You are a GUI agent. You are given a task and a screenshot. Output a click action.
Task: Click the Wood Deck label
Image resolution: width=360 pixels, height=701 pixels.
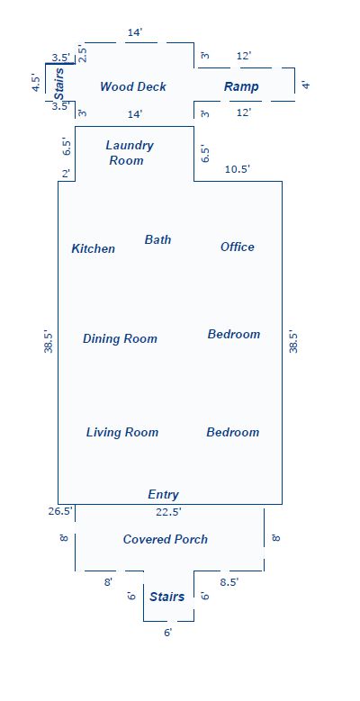(x=132, y=86)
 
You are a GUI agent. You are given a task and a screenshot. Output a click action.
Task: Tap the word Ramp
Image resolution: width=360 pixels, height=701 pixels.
(x=241, y=86)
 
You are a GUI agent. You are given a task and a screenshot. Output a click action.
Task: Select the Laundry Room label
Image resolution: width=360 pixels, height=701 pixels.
(x=130, y=153)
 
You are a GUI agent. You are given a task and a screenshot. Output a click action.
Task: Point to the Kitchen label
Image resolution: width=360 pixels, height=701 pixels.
(x=94, y=248)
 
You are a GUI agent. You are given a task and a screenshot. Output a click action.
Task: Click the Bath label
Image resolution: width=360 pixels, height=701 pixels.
(x=157, y=239)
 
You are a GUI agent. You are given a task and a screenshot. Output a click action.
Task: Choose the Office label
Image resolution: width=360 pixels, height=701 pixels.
(x=238, y=247)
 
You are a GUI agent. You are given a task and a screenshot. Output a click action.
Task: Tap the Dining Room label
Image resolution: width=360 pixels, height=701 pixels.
(x=120, y=338)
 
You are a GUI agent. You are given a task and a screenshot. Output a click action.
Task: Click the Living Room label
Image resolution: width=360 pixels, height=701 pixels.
(x=122, y=432)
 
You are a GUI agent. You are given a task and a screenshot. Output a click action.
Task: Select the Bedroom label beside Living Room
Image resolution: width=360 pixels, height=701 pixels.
(x=232, y=432)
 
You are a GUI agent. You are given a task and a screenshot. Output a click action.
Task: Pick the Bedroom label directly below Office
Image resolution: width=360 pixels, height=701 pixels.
(x=234, y=334)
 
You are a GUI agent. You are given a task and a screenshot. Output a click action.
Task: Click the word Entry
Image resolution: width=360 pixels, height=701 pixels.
(x=163, y=494)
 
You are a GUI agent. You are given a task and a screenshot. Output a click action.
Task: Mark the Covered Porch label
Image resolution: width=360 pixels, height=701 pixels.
(x=166, y=539)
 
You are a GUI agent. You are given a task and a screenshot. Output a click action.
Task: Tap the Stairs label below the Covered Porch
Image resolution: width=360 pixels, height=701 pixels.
(x=167, y=597)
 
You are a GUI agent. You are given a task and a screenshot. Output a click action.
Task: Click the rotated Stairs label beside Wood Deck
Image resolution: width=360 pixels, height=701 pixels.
(x=59, y=83)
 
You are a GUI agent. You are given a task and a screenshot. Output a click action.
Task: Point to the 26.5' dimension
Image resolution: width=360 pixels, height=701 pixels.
(x=61, y=511)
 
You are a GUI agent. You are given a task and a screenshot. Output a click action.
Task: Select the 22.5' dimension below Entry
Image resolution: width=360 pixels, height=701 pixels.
(x=168, y=511)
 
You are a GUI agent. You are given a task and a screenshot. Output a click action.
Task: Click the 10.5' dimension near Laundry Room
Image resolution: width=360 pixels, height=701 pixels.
(x=237, y=169)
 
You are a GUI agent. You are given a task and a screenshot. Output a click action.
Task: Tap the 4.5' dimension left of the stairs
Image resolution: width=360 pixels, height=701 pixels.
(x=35, y=84)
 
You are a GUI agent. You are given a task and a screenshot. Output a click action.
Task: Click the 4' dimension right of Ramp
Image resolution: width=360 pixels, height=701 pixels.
(x=306, y=85)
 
